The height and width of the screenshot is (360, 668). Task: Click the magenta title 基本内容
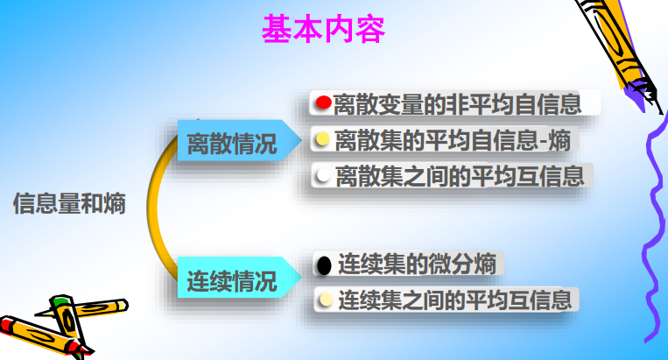[x=323, y=29]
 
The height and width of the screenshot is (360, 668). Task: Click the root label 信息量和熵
[x=69, y=203]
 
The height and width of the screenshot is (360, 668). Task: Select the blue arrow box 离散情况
[x=239, y=141]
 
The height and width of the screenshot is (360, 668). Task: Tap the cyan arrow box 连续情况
[x=239, y=278]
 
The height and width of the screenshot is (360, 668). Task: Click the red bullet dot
[x=323, y=102]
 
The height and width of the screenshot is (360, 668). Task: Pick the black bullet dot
[x=324, y=265]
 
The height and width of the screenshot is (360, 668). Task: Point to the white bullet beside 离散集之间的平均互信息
[x=323, y=174]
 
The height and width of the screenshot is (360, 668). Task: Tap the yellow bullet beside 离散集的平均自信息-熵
[x=322, y=139]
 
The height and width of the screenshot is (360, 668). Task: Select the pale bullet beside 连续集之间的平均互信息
[x=326, y=300]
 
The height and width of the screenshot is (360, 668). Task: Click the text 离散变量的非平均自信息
[x=457, y=104]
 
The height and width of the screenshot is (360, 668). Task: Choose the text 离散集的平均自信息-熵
[x=453, y=140]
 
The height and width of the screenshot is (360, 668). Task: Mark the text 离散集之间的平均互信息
[x=460, y=176]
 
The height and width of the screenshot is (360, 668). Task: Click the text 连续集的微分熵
[x=417, y=264]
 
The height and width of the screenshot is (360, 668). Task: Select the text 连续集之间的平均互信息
[x=455, y=300]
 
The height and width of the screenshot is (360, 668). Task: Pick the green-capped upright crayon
[x=70, y=324]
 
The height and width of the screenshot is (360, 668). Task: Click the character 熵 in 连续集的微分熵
[x=485, y=264]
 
